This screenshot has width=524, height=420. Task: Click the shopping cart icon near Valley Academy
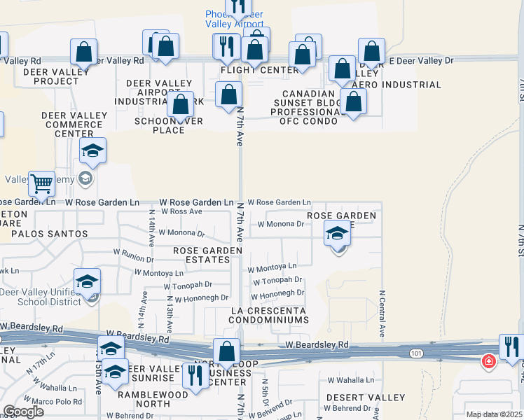tap(42, 184)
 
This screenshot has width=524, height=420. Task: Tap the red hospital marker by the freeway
tap(488, 362)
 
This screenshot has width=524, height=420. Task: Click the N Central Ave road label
tap(382, 314)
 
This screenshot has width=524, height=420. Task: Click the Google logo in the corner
tap(23, 412)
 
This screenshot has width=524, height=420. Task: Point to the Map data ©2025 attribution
tap(495, 414)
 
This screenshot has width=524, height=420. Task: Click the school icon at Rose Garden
tap(338, 234)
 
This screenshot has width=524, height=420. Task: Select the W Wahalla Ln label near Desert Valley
tap(351, 380)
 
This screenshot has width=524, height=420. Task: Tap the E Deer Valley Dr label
tap(421, 61)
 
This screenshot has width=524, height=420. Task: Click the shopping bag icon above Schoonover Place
tap(181, 105)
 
